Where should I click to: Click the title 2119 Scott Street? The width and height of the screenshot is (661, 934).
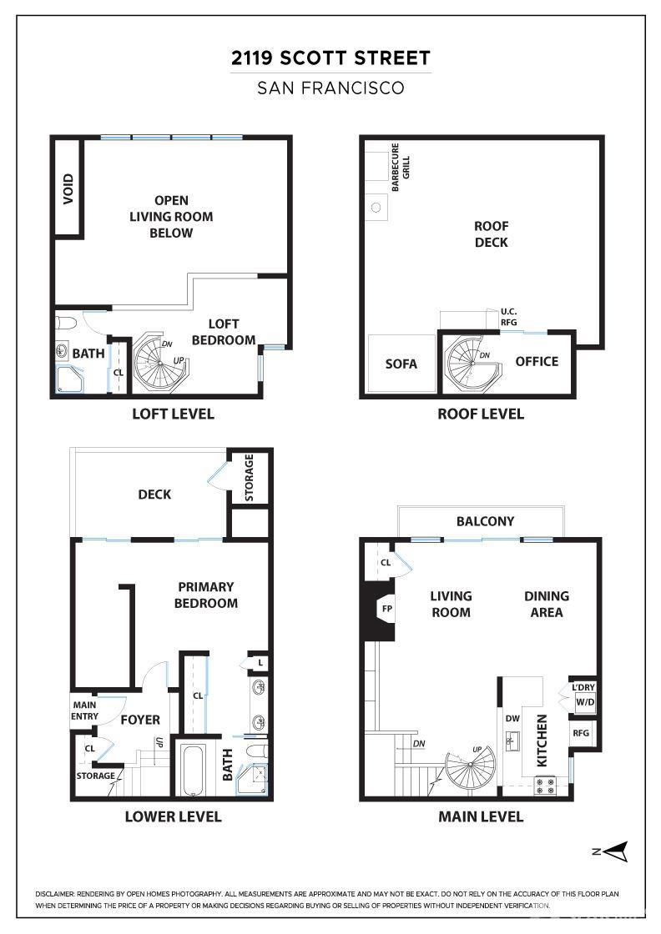[330, 58]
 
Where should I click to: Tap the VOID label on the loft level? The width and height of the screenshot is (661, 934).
[68, 188]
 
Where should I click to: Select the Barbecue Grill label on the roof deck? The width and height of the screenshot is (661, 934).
[401, 167]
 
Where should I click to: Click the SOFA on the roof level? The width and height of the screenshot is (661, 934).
[401, 364]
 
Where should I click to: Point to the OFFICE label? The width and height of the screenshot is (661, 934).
[537, 362]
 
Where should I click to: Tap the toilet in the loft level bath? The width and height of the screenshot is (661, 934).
[66, 324]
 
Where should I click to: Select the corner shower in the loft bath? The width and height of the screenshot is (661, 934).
[69, 379]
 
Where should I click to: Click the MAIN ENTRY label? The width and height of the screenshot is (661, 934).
[84, 711]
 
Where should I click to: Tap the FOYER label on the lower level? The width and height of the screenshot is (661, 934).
[140, 720]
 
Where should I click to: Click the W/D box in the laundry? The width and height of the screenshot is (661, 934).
[585, 701]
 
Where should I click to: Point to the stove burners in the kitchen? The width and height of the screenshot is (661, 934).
[546, 786]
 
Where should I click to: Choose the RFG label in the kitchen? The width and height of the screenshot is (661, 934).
[581, 733]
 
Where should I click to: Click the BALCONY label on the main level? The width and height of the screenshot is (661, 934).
[485, 521]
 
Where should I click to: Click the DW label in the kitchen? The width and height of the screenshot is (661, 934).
[512, 718]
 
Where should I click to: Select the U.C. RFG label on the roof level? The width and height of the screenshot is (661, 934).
[508, 317]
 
